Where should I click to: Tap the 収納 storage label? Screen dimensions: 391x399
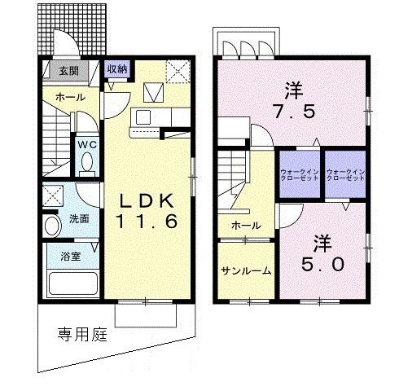[x=117, y=69]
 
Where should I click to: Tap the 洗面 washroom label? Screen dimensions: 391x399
[x=79, y=218]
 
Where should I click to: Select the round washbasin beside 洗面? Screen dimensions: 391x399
[x=51, y=226]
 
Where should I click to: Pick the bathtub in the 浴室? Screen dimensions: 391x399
[x=72, y=283]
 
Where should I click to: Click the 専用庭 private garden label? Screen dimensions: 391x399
[x=81, y=334]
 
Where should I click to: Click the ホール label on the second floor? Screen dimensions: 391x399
[x=245, y=225]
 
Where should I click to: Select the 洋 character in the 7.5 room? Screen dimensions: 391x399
[x=293, y=87]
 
